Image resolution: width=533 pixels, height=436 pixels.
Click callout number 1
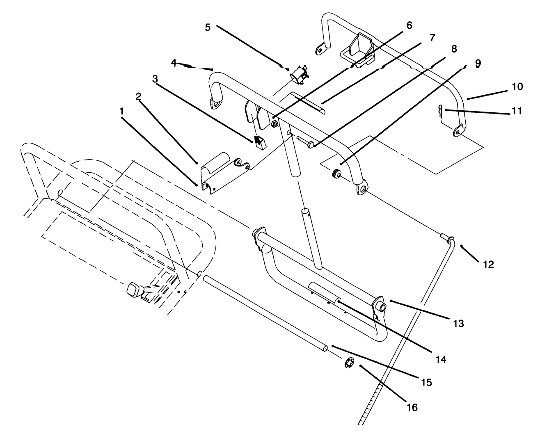click(121, 111)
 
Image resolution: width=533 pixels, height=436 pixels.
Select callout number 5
click(207, 27)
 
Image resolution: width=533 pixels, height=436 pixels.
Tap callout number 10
click(517, 87)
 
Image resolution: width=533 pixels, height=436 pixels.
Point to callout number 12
click(488, 265)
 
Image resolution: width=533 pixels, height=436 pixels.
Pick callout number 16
click(412, 407)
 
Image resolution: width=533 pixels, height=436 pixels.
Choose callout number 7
click(431, 38)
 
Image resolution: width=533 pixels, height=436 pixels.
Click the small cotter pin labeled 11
click(440, 110)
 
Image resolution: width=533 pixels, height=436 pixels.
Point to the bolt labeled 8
click(305, 142)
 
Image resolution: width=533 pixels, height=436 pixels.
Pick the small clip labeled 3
click(258, 141)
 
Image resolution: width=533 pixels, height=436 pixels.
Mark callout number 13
click(458, 323)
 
